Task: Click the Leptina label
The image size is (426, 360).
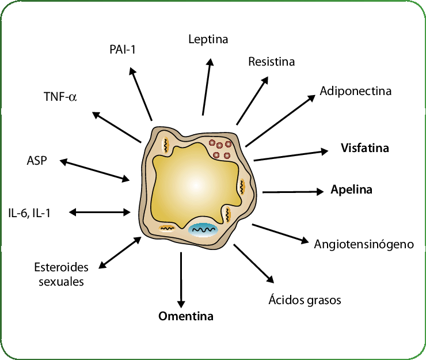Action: tap(208, 40)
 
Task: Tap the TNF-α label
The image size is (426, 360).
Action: tap(60, 96)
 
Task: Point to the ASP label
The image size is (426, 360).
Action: tap(36, 160)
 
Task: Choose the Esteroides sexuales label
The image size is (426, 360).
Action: tap(61, 274)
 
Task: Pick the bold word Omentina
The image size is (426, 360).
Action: tap(185, 316)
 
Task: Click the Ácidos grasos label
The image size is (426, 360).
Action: tap(305, 300)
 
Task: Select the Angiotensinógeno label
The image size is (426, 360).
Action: tap(364, 244)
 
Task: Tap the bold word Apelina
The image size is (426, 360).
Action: tap(351, 190)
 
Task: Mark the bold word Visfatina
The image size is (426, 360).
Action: tap(365, 148)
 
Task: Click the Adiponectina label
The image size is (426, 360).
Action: tap(356, 91)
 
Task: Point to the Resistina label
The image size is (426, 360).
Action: tap(271, 61)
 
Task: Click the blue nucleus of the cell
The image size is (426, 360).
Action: tap(203, 230)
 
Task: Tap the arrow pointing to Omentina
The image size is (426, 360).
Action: tap(181, 279)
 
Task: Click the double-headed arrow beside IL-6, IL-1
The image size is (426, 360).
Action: tap(100, 213)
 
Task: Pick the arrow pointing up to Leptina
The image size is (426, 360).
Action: tap(207, 86)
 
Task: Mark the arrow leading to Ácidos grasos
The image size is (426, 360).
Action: tap(253, 264)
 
